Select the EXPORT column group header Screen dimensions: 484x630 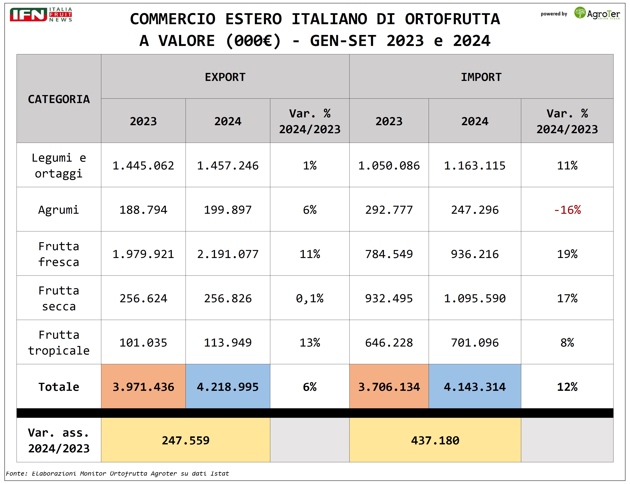225,77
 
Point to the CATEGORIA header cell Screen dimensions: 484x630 59,99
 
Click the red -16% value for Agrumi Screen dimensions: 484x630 567,210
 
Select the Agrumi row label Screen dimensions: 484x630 59,210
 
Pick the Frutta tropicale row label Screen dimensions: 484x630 59,343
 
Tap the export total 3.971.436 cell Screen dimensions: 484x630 143,387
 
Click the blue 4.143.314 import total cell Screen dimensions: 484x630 474,387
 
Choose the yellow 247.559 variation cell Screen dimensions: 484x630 185,440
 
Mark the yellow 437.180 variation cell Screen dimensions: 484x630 435,440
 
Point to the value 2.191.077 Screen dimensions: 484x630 228,254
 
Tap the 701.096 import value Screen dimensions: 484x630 474,343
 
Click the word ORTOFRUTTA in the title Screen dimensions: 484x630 452,19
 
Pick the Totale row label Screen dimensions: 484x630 59,387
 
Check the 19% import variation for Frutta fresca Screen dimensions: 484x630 567,254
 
